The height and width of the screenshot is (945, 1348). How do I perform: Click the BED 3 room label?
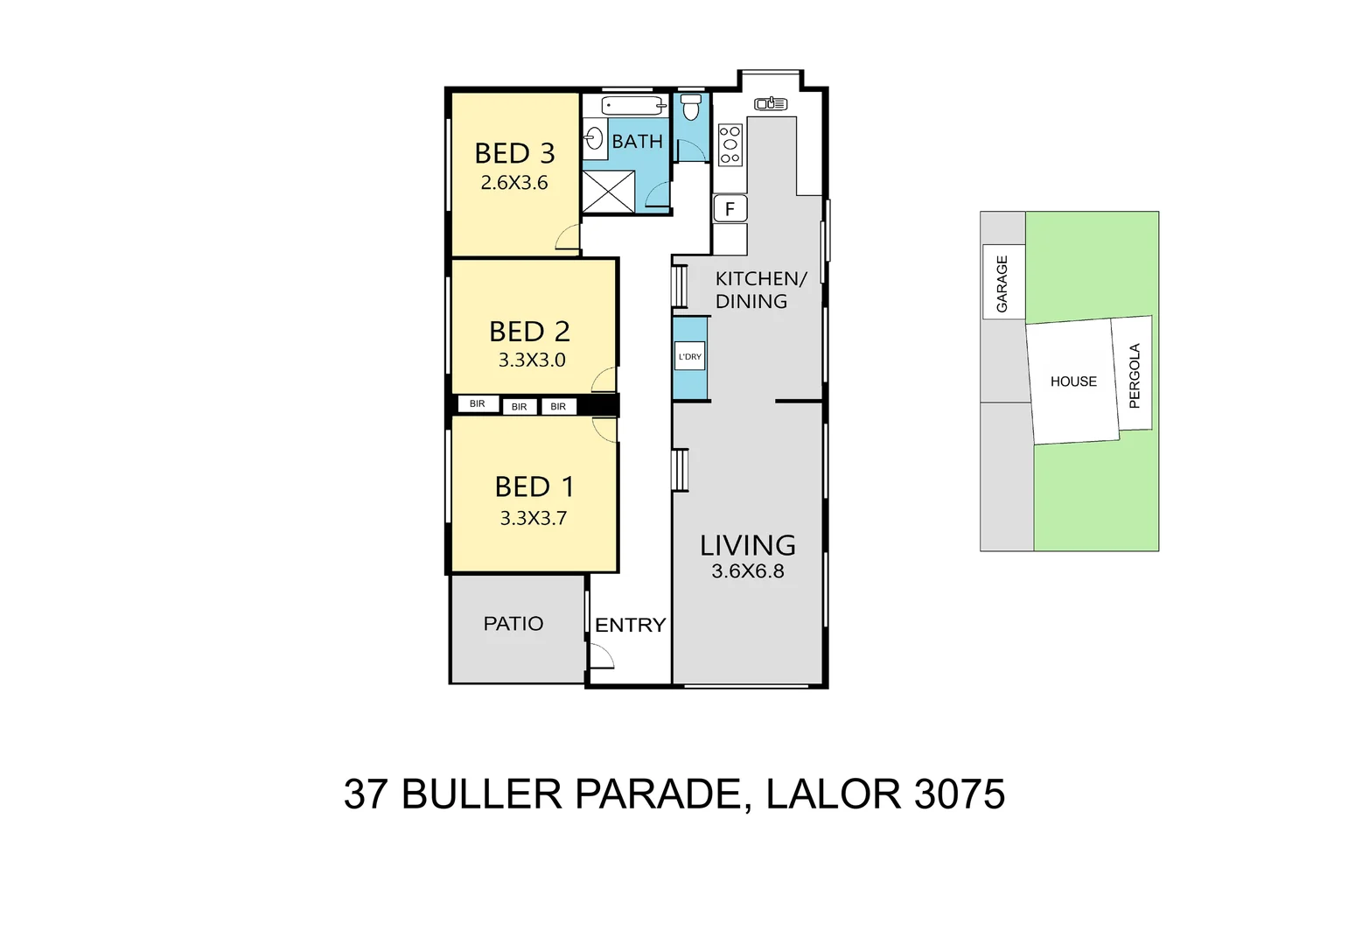tap(514, 153)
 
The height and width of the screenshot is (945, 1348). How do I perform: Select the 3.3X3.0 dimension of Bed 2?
tap(532, 360)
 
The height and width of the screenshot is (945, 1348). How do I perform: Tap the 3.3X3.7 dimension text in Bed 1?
tap(533, 518)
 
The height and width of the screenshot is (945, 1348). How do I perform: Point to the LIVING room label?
tap(748, 545)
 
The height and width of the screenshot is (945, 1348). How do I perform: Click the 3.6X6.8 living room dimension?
tap(748, 571)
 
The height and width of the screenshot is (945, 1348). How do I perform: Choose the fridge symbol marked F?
tap(730, 209)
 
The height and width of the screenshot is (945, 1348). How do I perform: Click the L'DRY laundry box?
tap(689, 356)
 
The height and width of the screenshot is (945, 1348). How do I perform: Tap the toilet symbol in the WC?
tap(691, 108)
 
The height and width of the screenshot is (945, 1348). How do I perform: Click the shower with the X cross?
tap(608, 192)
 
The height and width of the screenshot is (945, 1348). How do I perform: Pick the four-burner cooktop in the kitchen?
tap(730, 144)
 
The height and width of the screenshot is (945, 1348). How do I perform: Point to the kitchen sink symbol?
tap(771, 104)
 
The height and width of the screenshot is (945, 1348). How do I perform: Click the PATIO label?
tap(513, 624)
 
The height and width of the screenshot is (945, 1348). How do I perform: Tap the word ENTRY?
tap(630, 625)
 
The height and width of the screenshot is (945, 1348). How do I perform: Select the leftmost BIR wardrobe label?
tap(477, 403)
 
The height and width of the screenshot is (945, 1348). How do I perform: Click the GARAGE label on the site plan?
tap(1002, 283)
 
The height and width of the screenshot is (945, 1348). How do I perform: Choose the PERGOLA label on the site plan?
tap(1135, 375)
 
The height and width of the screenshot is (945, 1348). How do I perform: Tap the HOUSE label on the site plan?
tap(1073, 381)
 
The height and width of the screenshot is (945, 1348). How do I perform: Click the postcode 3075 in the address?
tap(960, 794)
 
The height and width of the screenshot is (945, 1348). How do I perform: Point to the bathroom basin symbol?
tap(595, 139)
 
